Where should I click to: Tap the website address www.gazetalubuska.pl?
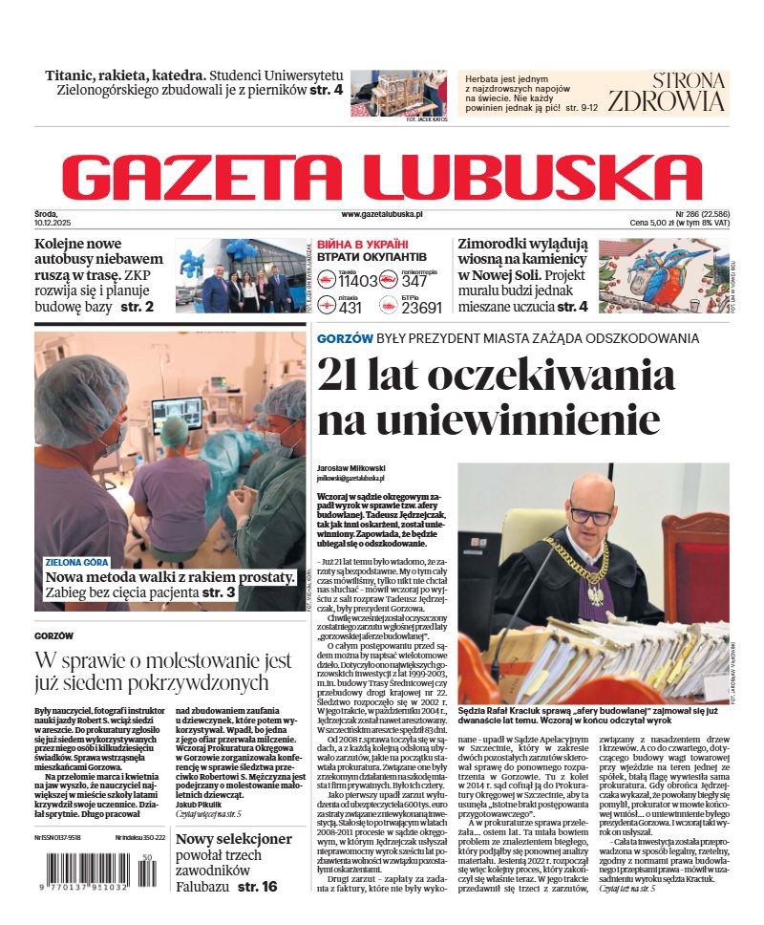tap(382, 215)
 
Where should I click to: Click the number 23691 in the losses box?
tap(421, 307)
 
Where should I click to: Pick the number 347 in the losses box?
tap(414, 281)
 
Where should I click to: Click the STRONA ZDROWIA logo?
tap(679, 92)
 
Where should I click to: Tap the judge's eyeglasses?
tap(592, 515)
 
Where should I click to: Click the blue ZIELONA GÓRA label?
tap(76, 562)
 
